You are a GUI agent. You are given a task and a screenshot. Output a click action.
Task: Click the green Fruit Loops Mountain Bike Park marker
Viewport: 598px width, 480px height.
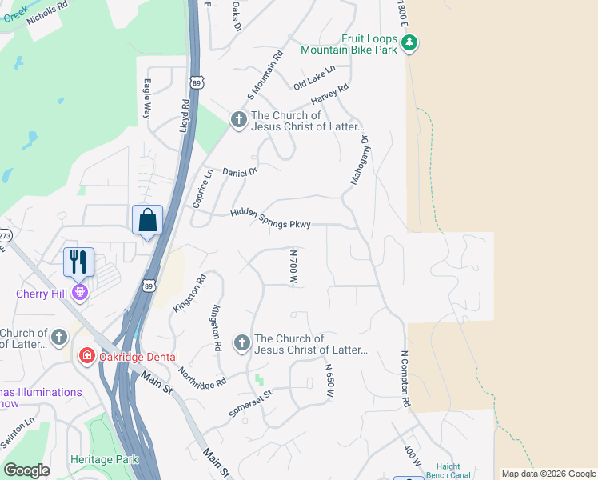(409, 42)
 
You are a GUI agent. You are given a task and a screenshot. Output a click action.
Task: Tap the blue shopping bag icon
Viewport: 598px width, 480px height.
(147, 220)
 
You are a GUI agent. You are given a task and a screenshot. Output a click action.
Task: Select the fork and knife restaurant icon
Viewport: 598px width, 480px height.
(78, 261)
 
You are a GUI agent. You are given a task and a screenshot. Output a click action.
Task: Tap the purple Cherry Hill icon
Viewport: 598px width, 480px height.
(79, 293)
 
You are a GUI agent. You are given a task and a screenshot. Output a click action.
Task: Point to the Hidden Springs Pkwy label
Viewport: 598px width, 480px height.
(270, 218)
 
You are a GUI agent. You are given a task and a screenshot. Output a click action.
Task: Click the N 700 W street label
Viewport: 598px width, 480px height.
(293, 267)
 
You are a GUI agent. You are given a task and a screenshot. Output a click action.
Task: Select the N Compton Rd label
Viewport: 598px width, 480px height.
(405, 378)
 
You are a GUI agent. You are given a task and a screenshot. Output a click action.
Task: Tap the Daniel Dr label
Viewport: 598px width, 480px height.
(240, 172)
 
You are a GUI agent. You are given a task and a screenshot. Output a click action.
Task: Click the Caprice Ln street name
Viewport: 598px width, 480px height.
(203, 189)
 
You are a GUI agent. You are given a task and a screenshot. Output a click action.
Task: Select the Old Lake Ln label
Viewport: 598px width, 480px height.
(313, 78)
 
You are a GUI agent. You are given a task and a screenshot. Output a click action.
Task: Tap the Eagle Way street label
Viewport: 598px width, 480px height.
(147, 98)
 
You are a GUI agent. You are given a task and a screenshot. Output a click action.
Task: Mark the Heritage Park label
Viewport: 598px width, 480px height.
(104, 459)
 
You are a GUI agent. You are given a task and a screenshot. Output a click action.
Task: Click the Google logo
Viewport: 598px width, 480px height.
(26, 470)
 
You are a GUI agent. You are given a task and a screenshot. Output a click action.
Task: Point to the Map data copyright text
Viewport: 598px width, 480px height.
(548, 474)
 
